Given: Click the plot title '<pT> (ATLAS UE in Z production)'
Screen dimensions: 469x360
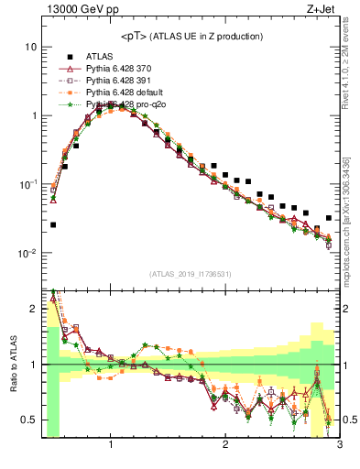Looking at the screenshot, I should click(x=191, y=37).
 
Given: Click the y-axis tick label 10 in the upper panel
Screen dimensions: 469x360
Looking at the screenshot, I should click(x=30, y=47).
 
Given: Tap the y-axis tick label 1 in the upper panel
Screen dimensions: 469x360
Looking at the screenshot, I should click(x=33, y=115).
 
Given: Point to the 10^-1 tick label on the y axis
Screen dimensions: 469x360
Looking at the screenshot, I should click(x=28, y=184).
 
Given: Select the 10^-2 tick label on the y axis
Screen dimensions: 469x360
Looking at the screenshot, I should click(x=28, y=253).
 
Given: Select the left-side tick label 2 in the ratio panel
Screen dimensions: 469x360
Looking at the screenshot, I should click(x=33, y=309).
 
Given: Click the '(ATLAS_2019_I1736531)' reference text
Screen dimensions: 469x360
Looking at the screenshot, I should click(x=191, y=274).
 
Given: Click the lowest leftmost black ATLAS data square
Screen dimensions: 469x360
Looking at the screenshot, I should click(x=53, y=224).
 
